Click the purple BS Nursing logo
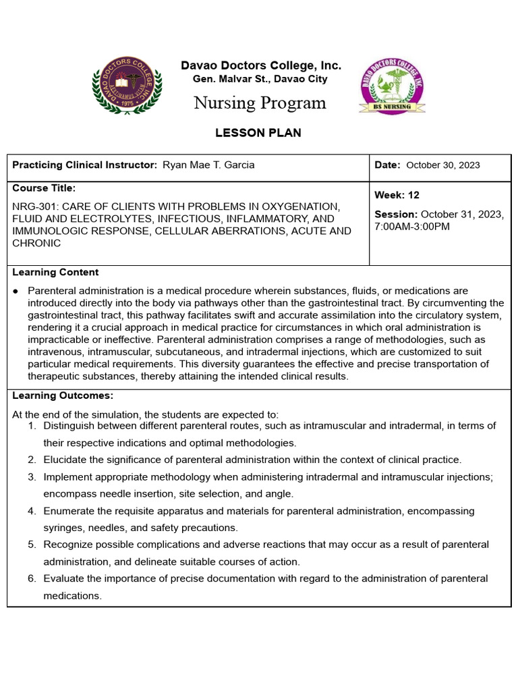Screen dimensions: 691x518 [392, 86]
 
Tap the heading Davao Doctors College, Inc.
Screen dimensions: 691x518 [260, 65]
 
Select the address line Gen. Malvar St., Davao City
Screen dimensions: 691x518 [260, 79]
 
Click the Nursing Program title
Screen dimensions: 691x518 [260, 103]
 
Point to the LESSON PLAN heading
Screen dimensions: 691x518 [258, 133]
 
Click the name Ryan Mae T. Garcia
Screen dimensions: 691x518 [209, 165]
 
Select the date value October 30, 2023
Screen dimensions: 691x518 [443, 165]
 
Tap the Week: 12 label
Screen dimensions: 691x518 [397, 195]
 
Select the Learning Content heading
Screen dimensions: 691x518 [55, 272]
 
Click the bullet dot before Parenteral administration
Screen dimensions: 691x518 [16, 290]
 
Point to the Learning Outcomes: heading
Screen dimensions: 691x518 [63, 395]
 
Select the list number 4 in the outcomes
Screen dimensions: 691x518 [31, 511]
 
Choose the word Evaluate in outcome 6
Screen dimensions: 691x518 [64, 578]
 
